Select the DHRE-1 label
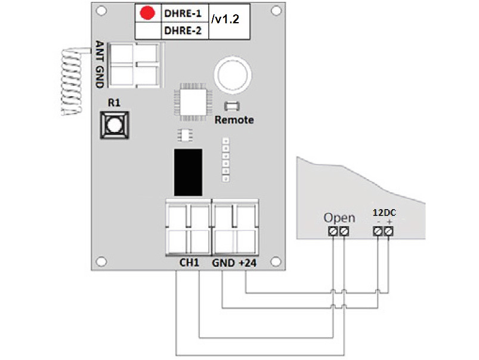(183, 13)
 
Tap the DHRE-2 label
(183, 30)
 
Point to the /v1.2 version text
(225, 20)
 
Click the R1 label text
(114, 103)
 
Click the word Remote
(234, 120)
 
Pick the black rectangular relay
(187, 172)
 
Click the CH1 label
(190, 263)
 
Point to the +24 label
(247, 263)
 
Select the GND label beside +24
(223, 263)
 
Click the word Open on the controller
(339, 217)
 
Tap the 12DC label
(382, 213)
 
